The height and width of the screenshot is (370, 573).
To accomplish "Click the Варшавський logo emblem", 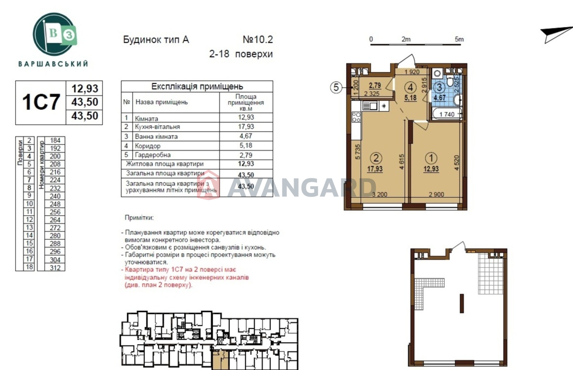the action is click(x=54, y=34).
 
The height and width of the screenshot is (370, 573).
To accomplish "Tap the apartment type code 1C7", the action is click(x=41, y=102).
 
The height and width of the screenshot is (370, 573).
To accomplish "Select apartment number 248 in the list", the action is click(x=55, y=204).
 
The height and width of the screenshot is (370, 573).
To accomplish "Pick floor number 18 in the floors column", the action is click(x=29, y=267).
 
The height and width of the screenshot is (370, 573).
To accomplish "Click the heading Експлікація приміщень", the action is click(x=197, y=86).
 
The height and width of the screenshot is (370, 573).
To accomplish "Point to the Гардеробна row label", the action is click(x=153, y=155).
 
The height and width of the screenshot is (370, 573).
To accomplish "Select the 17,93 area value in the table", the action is click(x=246, y=126).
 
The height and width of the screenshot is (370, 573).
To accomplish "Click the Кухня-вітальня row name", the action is click(x=157, y=127).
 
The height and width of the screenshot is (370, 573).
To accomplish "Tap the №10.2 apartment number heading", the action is click(x=258, y=39).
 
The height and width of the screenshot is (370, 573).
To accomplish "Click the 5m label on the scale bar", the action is click(x=459, y=39).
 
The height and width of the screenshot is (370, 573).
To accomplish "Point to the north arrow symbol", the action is click(x=557, y=35).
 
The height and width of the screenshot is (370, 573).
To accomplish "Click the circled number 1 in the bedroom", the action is click(x=431, y=158).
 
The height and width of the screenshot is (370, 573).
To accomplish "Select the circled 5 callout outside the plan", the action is click(x=336, y=87).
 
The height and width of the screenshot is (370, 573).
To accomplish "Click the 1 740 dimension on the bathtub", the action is click(x=447, y=114).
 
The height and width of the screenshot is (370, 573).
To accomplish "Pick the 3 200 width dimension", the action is click(x=379, y=194).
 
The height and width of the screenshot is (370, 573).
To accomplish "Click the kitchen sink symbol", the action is click(x=370, y=106).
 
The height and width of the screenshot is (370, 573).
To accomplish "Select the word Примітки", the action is click(x=139, y=218).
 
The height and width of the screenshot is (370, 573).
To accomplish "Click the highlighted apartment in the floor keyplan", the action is click(x=220, y=360).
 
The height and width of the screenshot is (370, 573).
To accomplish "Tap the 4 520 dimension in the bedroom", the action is click(x=457, y=163).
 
